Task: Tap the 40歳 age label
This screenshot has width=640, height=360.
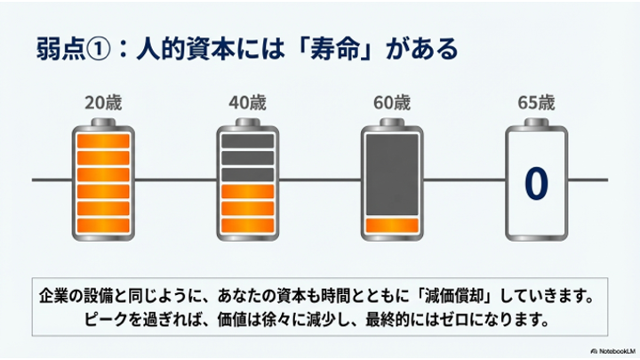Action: coord(245,101)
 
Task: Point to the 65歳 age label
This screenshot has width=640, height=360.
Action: coord(535,101)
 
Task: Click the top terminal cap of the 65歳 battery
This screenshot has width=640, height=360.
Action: coord(535,122)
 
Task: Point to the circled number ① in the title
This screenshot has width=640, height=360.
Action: coord(95,48)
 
